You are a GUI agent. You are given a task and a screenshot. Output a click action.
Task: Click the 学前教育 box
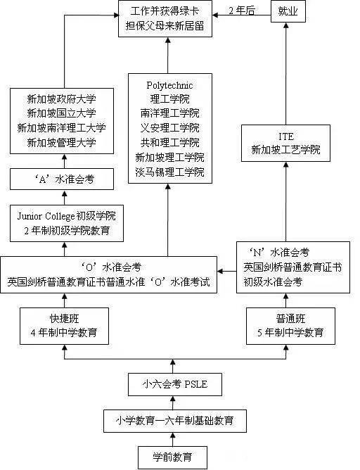coord(172,459)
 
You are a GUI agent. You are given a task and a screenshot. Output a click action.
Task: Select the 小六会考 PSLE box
coord(172,384)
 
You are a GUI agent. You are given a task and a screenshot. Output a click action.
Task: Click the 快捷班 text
coord(64,319)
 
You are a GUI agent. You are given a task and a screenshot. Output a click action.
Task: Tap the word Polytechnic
coord(169,85)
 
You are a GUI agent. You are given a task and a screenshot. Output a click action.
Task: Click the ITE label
coord(285,136)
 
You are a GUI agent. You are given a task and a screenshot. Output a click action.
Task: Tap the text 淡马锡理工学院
coord(169,172)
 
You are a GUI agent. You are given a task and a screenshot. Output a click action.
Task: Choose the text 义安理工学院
coord(169,128)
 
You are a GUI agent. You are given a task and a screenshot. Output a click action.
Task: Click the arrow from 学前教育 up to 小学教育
coord(172,440)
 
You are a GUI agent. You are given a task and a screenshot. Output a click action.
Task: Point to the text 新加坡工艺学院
coord(285,150)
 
